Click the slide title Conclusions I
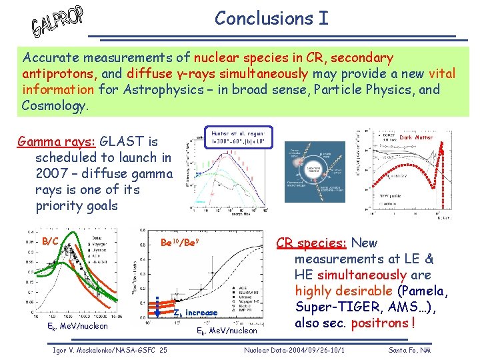[271, 18]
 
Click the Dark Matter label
[416, 138]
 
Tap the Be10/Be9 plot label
[181, 243]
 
